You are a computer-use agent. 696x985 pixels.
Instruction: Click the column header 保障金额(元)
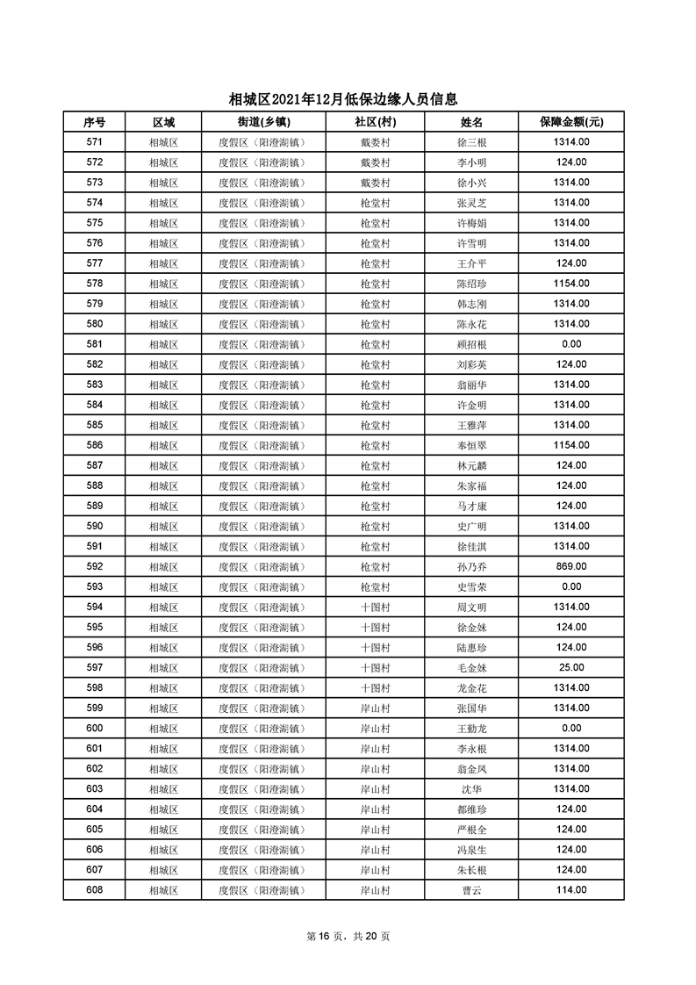pos(570,122)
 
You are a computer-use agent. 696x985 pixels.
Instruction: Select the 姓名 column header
pos(471,122)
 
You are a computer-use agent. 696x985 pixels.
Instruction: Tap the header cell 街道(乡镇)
pos(263,122)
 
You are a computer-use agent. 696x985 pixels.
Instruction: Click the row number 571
pos(95,142)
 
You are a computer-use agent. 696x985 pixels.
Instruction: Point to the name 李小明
pos(471,162)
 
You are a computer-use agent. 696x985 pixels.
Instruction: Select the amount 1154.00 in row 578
pos(570,284)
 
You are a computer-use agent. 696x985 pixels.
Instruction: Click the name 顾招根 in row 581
pos(471,344)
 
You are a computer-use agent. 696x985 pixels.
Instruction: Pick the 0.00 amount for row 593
pos(570,586)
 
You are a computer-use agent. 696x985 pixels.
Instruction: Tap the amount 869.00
pos(570,566)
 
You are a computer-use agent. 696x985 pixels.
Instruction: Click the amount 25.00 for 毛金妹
pos(570,667)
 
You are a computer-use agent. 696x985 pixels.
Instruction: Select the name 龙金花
pos(471,687)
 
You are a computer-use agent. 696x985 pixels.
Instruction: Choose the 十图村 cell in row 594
pos(375,607)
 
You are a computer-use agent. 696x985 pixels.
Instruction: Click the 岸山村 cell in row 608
pos(375,890)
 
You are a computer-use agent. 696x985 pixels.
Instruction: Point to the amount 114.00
pos(570,890)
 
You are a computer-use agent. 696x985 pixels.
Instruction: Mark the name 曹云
pos(471,890)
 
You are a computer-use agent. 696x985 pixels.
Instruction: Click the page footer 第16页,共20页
pos(348,937)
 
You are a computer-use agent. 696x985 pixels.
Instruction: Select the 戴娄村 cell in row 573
pos(375,183)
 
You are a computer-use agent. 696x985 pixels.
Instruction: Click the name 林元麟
pos(471,465)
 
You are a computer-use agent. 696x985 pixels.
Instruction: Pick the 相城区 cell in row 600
pos(163,728)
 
